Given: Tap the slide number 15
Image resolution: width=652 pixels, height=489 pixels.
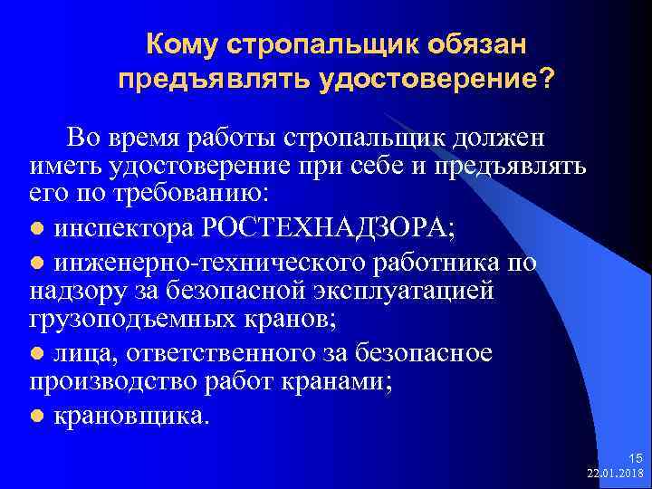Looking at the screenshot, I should pyautogui.click(x=632, y=459).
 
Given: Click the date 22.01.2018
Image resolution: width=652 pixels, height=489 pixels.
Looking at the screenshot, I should pyautogui.click(x=615, y=474).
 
